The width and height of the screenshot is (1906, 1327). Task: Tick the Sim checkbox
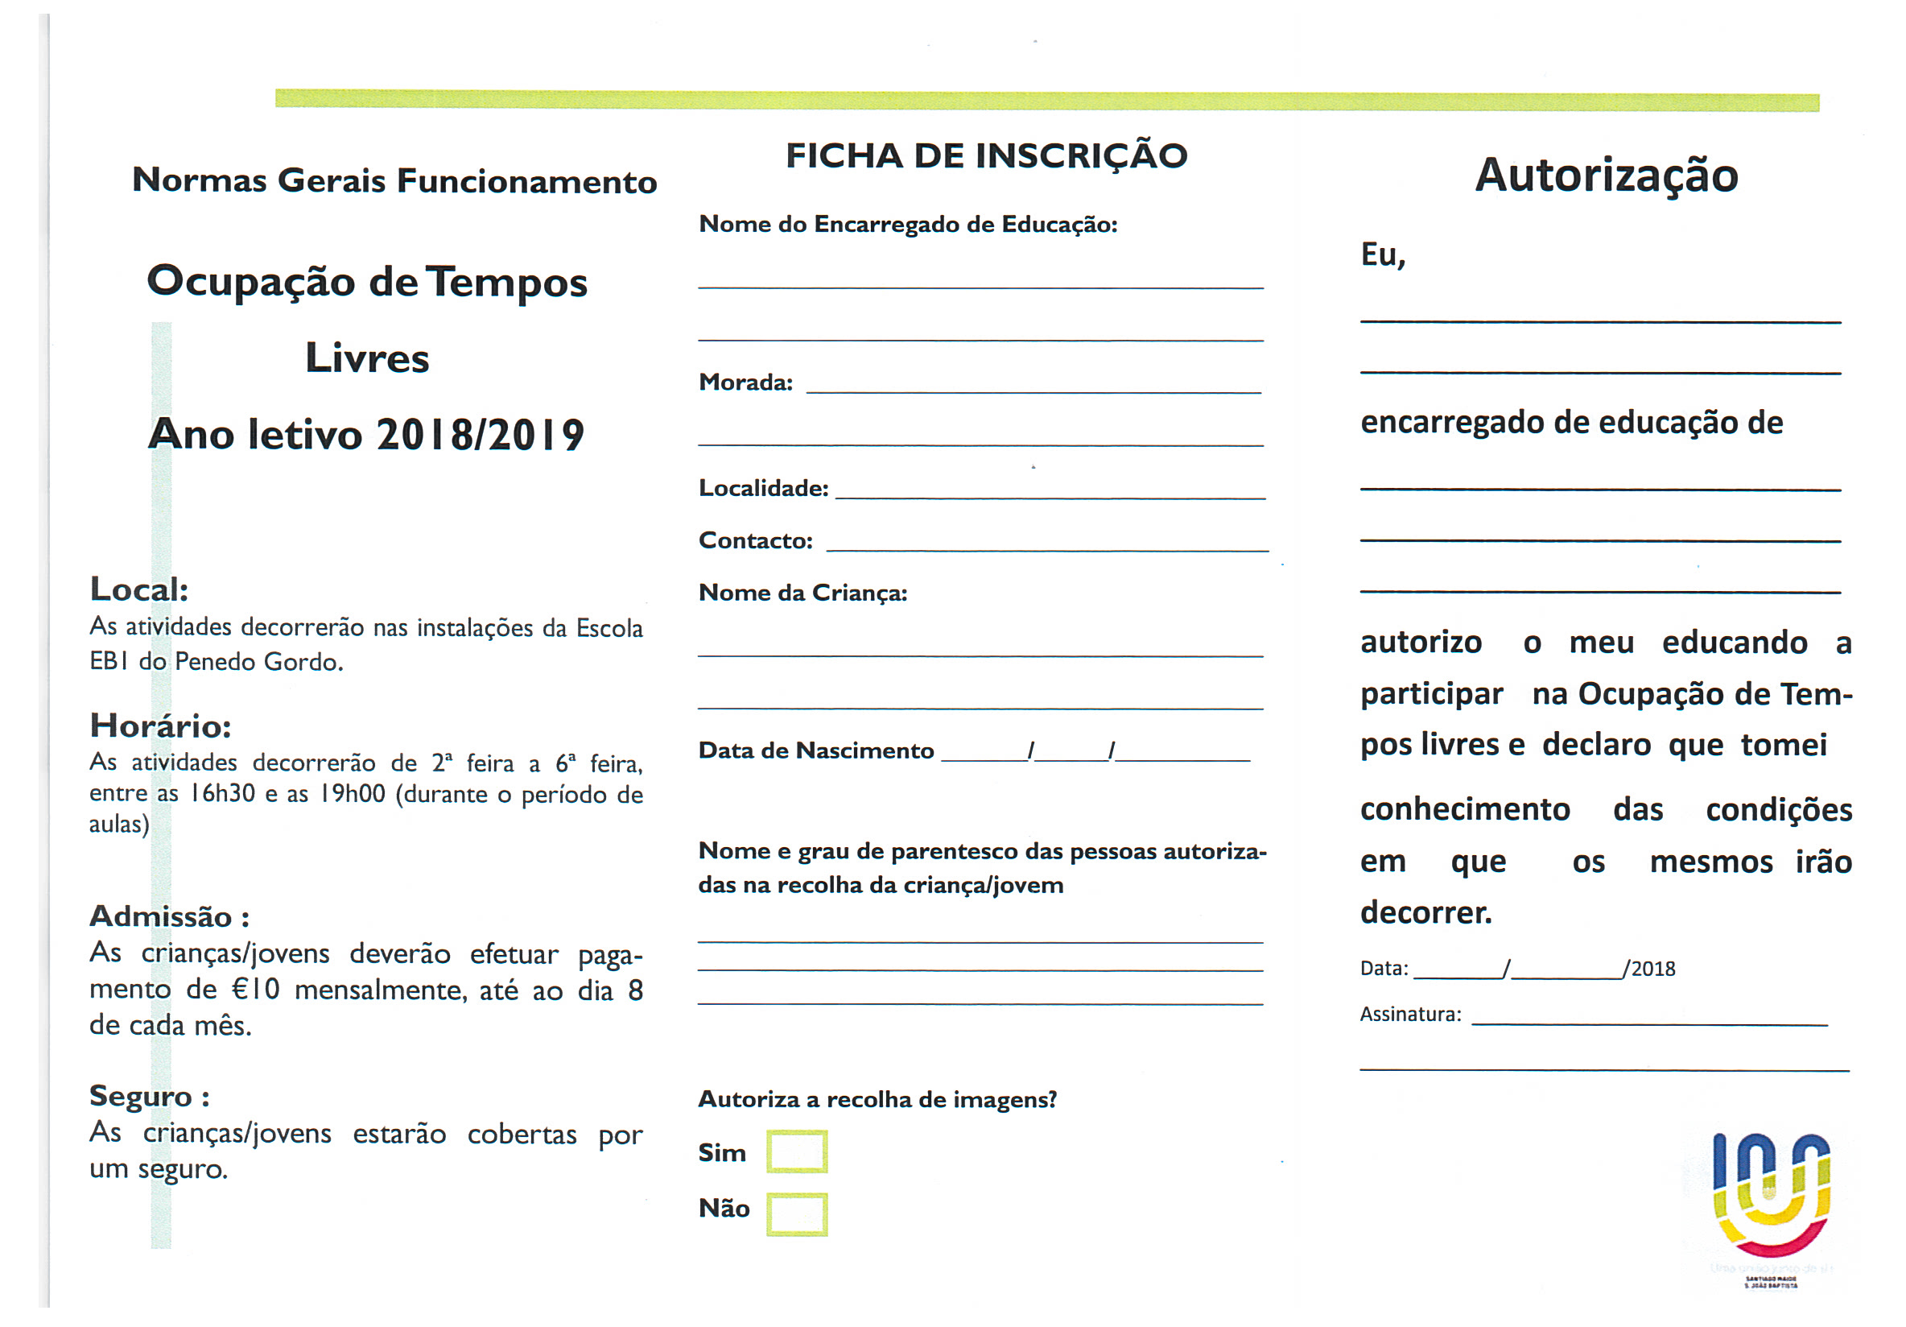pyautogui.click(x=796, y=1151)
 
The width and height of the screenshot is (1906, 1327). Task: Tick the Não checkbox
pyautogui.click(x=796, y=1214)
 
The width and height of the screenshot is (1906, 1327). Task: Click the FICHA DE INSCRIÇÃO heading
pyautogui.click(x=986, y=156)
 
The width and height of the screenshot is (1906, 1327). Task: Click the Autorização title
pyautogui.click(x=1606, y=176)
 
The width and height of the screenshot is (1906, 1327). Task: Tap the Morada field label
pyautogui.click(x=745, y=382)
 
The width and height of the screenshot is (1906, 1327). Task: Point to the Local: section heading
pyautogui.click(x=138, y=589)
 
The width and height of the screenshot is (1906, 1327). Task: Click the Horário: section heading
pyautogui.click(x=160, y=726)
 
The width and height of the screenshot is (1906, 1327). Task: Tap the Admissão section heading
pyautogui.click(x=169, y=917)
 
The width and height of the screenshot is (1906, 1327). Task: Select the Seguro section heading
pyautogui.click(x=150, y=1096)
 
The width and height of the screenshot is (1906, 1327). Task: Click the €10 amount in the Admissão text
pyautogui.click(x=255, y=990)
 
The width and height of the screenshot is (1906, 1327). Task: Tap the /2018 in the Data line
pyautogui.click(x=1649, y=969)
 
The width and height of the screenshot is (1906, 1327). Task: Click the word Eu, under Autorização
pyautogui.click(x=1382, y=255)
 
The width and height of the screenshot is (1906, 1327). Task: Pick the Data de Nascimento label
pyautogui.click(x=816, y=750)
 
